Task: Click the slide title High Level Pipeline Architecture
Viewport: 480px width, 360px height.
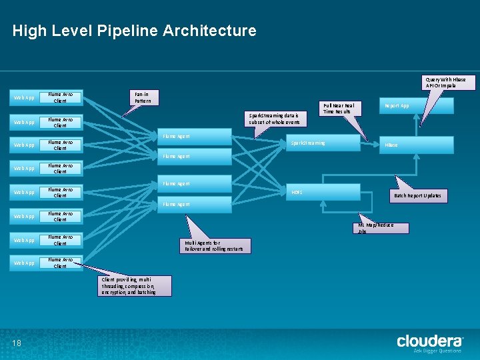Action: coord(134,31)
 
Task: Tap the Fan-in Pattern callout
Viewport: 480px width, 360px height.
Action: coord(143,97)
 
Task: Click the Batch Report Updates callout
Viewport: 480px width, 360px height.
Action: coord(417,196)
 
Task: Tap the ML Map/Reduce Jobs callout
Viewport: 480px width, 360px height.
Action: coord(383,228)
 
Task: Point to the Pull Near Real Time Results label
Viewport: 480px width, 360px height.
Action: coord(339,108)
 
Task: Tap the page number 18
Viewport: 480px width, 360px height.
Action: coord(17,343)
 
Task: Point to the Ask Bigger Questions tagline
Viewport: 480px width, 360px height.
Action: coord(437,351)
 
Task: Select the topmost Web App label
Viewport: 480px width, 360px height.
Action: coord(25,98)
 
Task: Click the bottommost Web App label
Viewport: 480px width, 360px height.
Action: coord(25,263)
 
